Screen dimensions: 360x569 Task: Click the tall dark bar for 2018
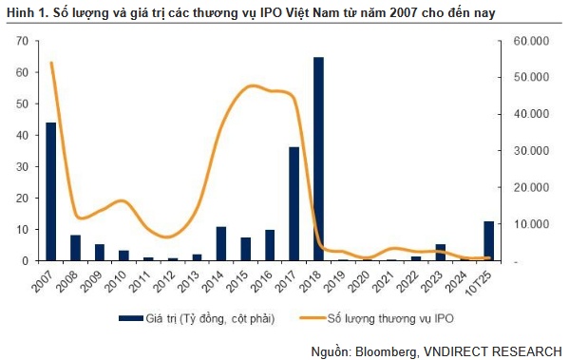318,159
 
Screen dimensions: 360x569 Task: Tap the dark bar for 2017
294,203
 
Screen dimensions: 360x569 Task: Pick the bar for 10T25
489,240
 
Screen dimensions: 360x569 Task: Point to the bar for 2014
221,243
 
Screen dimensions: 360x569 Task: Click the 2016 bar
270,245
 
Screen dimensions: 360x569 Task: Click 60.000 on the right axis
529,42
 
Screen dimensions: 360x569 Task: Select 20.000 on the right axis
529,187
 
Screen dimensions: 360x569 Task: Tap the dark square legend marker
128,318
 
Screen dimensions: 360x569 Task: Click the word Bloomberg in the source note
384,350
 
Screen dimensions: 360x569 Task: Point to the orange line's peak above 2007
51,64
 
